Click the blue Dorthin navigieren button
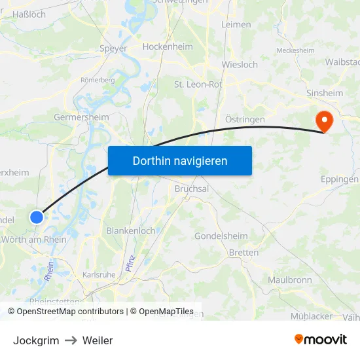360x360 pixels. [x=180, y=160]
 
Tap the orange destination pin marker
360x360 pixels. [x=324, y=121]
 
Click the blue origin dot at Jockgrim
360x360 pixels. [x=37, y=217]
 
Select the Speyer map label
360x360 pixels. [x=113, y=48]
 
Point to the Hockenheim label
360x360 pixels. [x=168, y=46]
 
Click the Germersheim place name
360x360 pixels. [x=81, y=117]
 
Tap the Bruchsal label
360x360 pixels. [x=192, y=189]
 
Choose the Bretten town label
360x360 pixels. [x=243, y=253]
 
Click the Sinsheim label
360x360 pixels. [x=325, y=93]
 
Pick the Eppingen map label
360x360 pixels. [x=339, y=179]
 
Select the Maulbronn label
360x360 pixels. [x=289, y=279]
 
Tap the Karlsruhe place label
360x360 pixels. [x=99, y=275]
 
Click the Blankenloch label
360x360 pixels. [x=130, y=230]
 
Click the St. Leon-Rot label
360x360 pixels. [x=198, y=84]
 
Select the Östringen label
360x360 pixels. [x=245, y=119]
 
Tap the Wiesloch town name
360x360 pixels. [x=240, y=65]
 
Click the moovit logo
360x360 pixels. [x=320, y=339]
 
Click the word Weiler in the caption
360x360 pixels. [x=98, y=340]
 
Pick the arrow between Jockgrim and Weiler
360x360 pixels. [x=71, y=340]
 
